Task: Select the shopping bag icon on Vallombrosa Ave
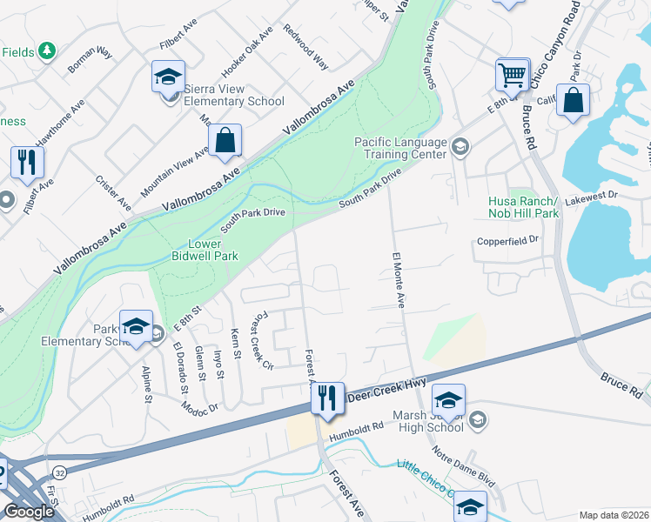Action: coord(225,140)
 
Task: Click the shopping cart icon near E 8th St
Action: coord(513,74)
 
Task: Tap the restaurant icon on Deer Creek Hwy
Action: coord(327,398)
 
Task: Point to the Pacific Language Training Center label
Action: coord(400,148)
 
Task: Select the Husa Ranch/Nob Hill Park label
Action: coord(522,206)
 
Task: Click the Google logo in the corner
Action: coord(29,512)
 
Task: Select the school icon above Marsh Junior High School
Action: coord(448,399)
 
